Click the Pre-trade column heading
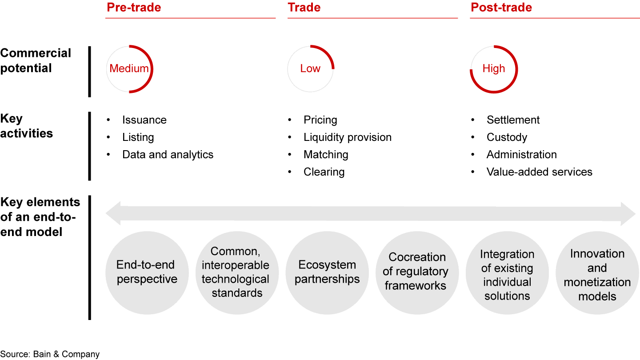tap(134, 8)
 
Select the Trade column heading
tap(304, 8)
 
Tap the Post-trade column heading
tap(501, 8)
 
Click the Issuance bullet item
tap(144, 120)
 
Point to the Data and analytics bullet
tap(168, 155)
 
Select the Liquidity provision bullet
tap(348, 137)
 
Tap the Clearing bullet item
tap(324, 172)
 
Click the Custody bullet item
tap(507, 137)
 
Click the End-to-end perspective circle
tap(147, 273)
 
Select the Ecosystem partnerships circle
tap(327, 273)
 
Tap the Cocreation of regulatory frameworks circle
tap(417, 273)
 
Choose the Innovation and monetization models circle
tap(597, 273)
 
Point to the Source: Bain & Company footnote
tap(50, 354)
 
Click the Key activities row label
tap(26, 126)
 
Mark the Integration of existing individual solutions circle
tap(507, 273)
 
